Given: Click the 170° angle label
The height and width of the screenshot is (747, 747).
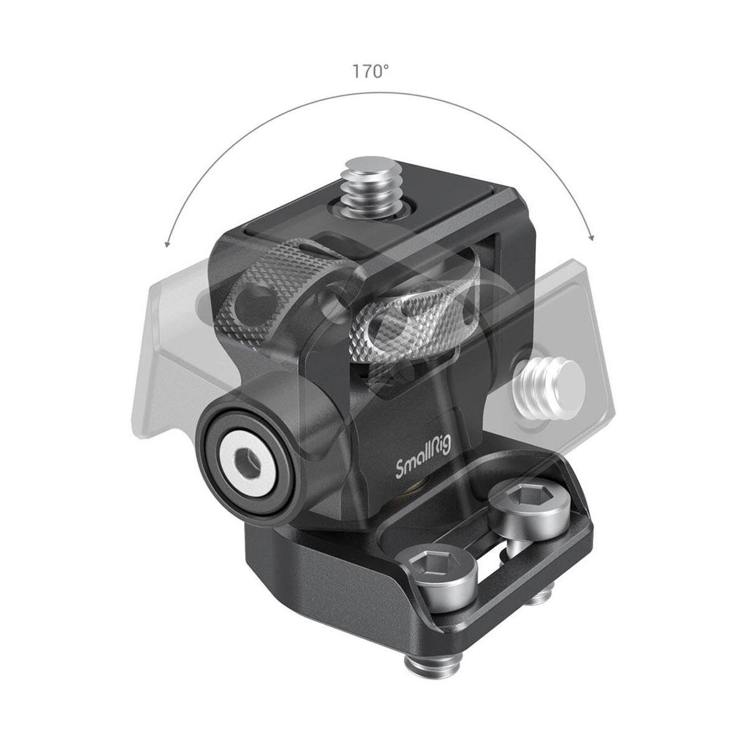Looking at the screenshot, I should coord(371,72).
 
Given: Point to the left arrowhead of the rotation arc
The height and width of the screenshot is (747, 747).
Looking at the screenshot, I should coord(166,243).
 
